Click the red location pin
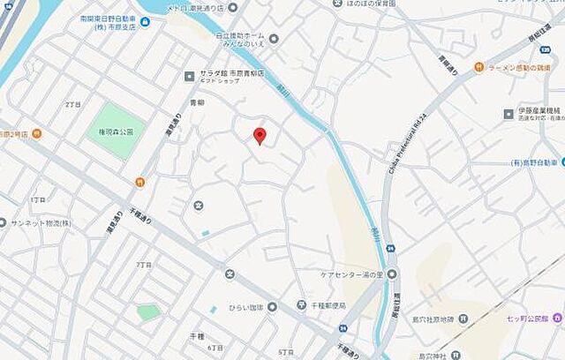(x=260, y=136)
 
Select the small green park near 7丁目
(x=148, y=311)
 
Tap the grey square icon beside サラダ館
(x=189, y=76)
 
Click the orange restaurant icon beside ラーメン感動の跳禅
(x=478, y=66)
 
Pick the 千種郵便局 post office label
(x=328, y=305)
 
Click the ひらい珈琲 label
(x=246, y=307)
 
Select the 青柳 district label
(x=198, y=103)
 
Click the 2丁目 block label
(x=72, y=104)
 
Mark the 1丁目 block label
(x=38, y=200)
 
